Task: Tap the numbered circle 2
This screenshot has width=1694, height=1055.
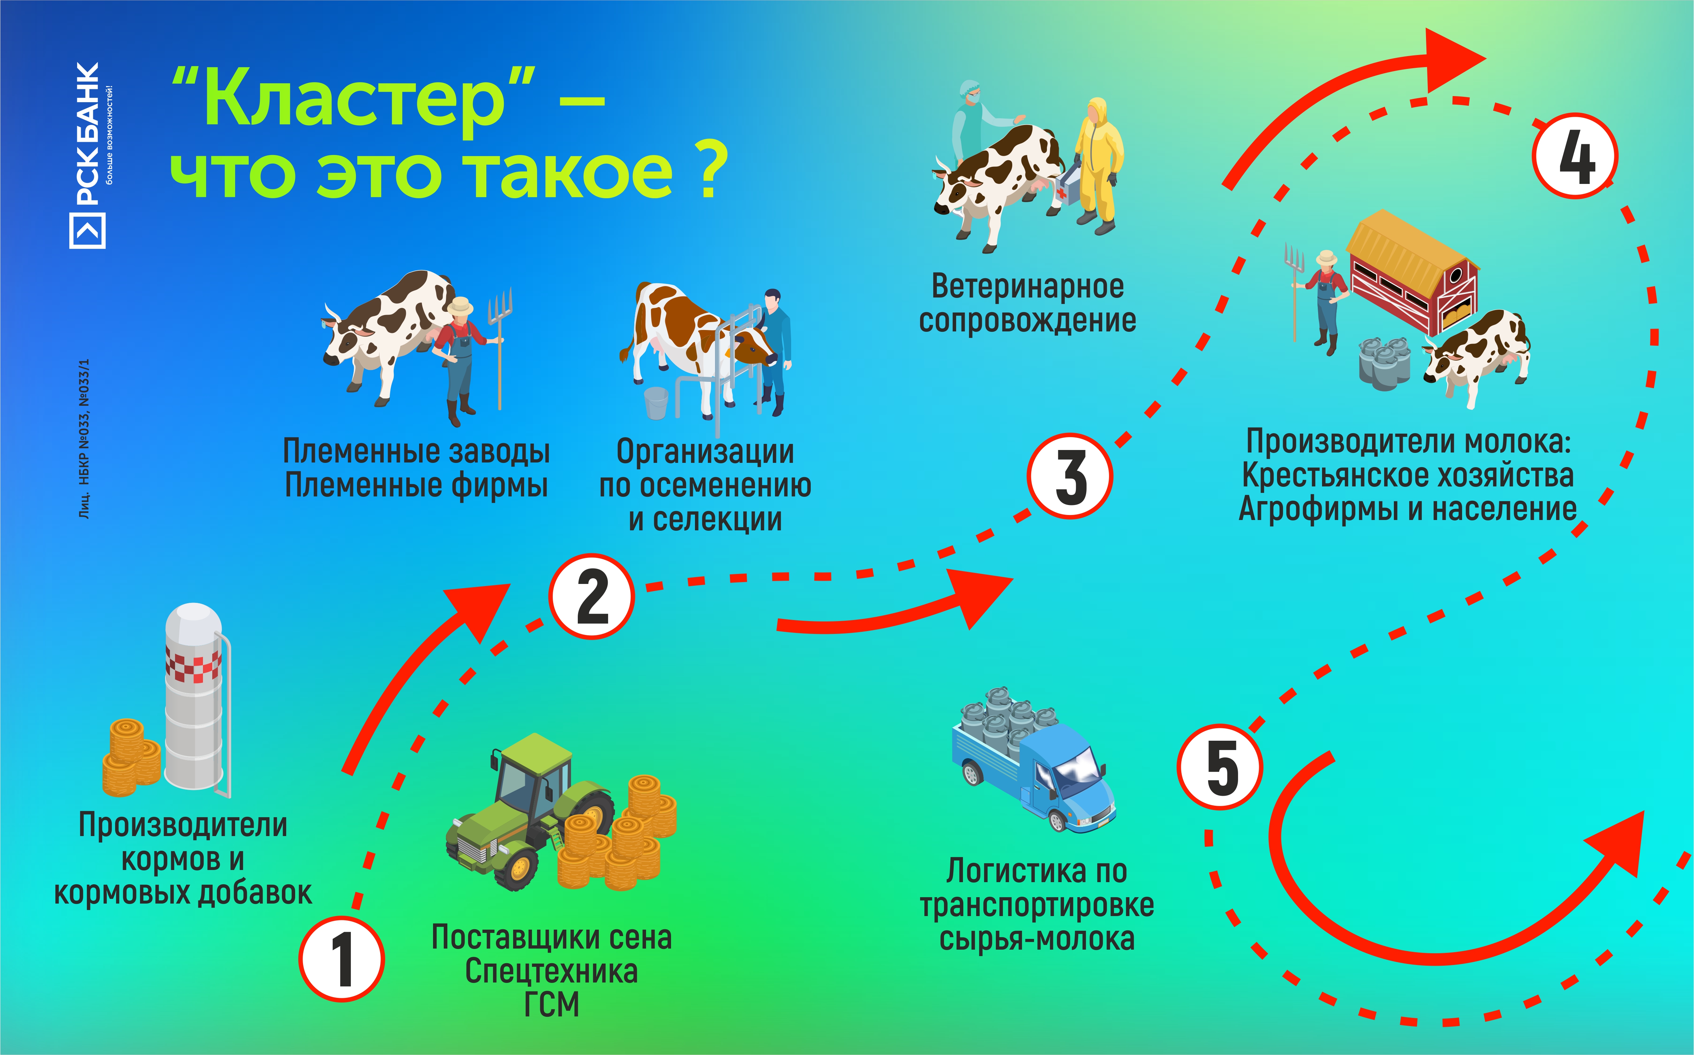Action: pos(591,596)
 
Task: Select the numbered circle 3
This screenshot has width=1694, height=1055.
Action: pos(1069,476)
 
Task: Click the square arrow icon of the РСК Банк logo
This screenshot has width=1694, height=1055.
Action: pos(87,231)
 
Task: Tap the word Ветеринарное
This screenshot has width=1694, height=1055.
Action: pos(1027,286)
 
